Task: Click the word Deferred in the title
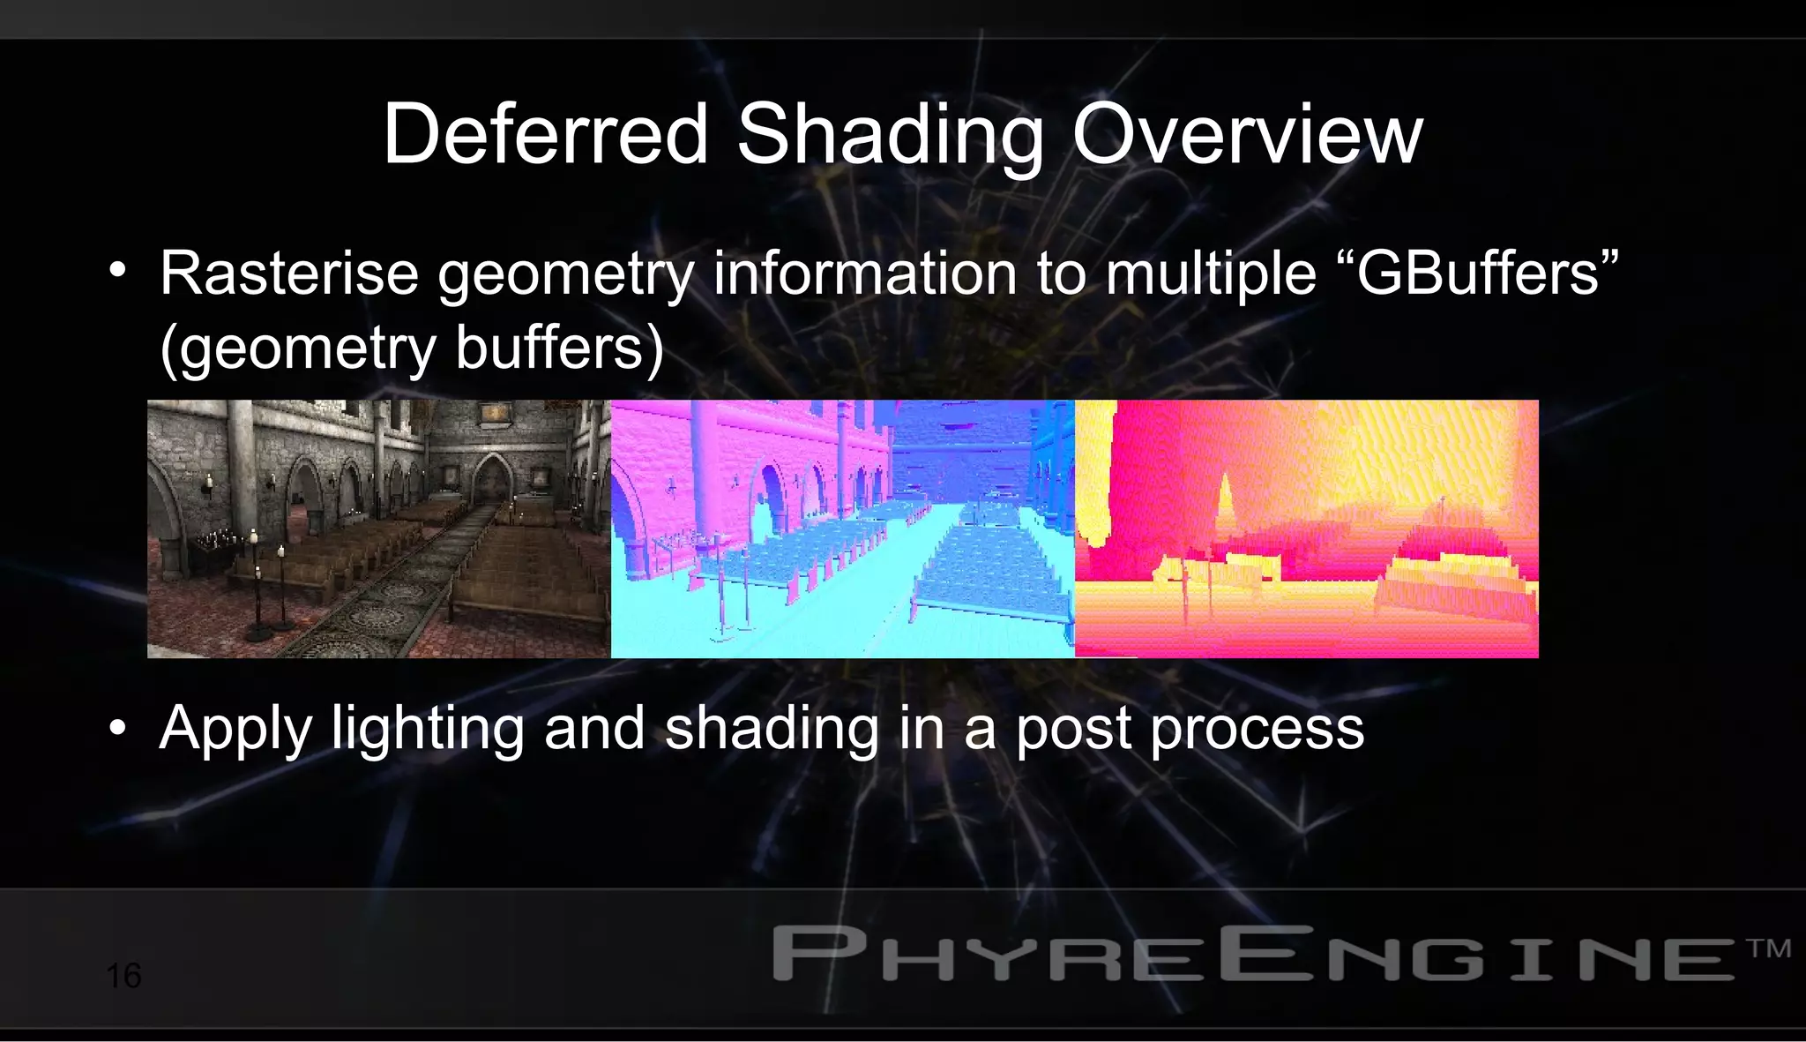tap(545, 134)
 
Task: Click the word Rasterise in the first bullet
tap(288, 274)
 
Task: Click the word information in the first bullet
tap(865, 274)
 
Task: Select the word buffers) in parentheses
tap(559, 348)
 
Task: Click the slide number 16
tap(123, 976)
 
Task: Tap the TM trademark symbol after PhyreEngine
tap(1768, 948)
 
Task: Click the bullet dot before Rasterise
tap(118, 272)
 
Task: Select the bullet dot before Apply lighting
tap(118, 729)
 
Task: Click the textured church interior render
tap(378, 528)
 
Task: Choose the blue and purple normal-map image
tap(842, 528)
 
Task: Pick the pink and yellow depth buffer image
tap(1306, 528)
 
